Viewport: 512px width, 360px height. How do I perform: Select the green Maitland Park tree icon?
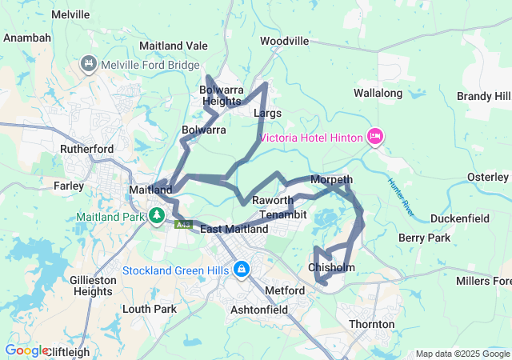click(x=157, y=216)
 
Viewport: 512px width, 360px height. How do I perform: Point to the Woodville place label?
click(x=284, y=40)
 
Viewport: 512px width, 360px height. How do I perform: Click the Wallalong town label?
click(x=378, y=94)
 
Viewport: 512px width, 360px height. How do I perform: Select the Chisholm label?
click(x=331, y=267)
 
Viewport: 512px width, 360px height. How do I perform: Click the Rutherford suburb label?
click(x=87, y=149)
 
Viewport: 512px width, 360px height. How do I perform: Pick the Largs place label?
click(x=267, y=114)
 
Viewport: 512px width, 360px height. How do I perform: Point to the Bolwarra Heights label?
click(x=222, y=95)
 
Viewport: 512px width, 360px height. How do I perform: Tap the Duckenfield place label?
click(x=459, y=218)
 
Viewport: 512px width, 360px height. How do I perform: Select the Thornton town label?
click(x=371, y=324)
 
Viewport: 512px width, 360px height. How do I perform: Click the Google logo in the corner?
click(x=26, y=350)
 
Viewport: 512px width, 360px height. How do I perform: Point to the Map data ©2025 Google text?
click(x=462, y=354)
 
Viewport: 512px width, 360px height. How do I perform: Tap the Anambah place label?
click(x=27, y=38)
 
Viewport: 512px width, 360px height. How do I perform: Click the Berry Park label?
click(x=424, y=238)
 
